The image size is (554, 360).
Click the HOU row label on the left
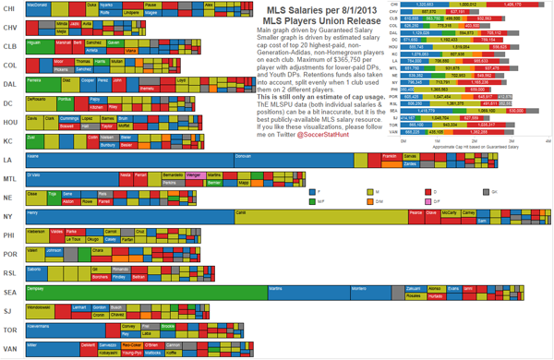11,122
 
